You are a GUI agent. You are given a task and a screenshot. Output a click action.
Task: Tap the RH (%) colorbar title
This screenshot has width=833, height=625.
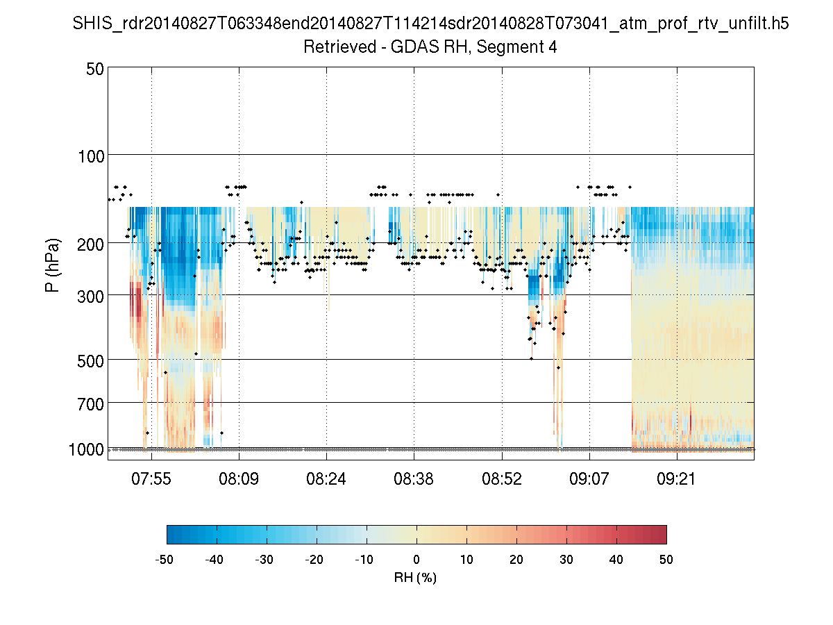[415, 577]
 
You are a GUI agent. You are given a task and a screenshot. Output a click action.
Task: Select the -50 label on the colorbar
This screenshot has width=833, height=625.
[165, 559]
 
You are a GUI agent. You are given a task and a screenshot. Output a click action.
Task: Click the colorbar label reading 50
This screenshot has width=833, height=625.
[666, 559]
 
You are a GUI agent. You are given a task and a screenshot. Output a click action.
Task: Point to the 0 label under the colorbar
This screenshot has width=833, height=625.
[416, 559]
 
